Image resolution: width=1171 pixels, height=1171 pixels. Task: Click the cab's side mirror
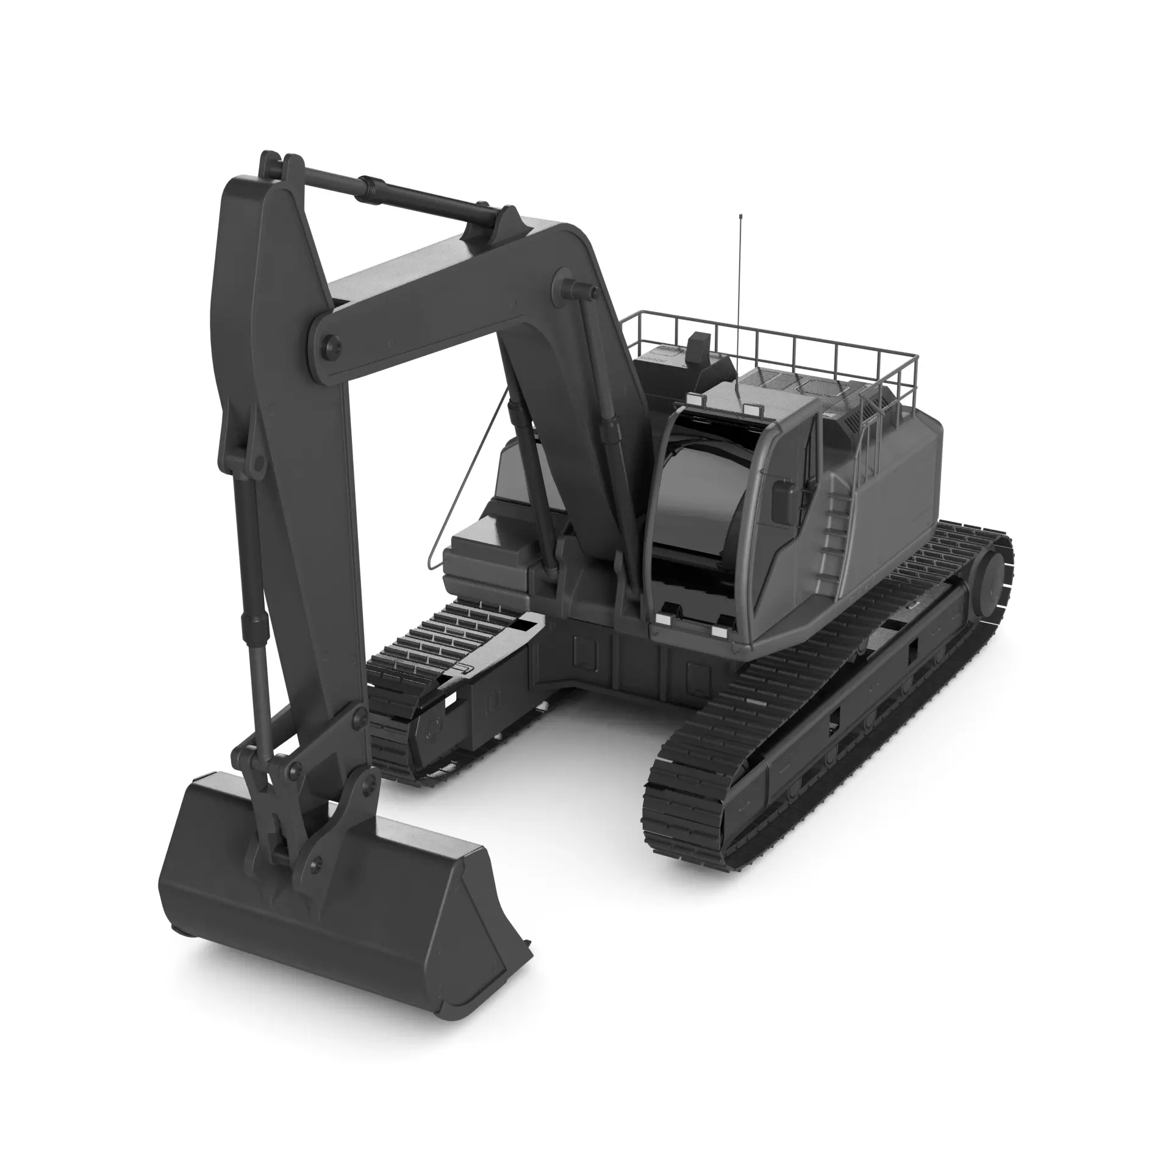point(783,502)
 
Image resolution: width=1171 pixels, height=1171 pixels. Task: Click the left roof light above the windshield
point(693,399)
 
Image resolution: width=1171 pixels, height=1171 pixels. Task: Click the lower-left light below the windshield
point(662,619)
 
